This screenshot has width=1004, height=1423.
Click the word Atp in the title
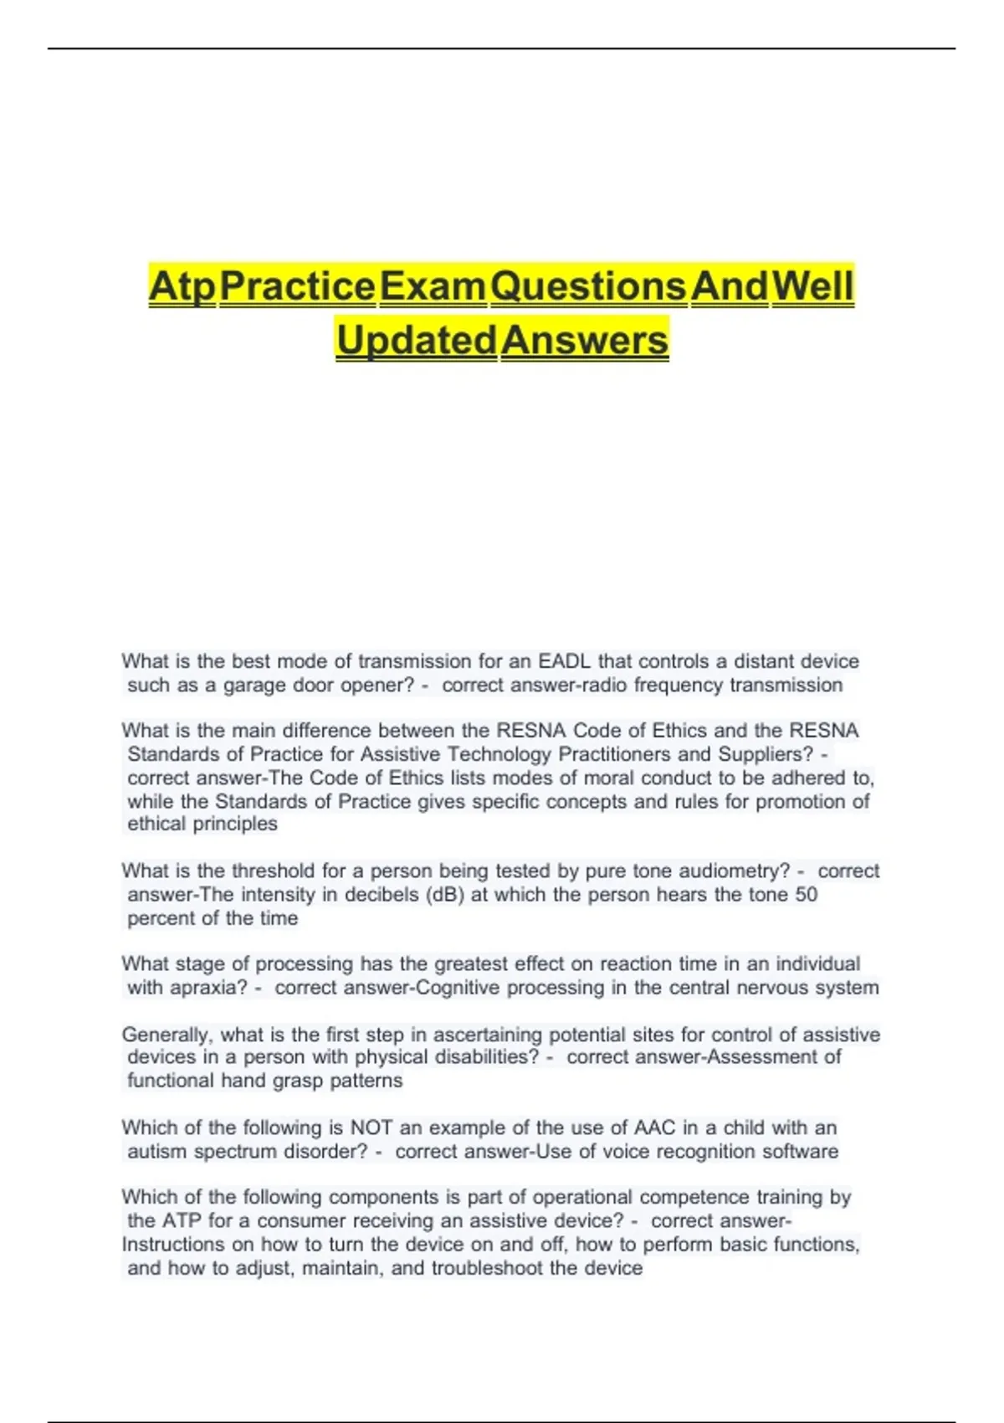[x=182, y=286]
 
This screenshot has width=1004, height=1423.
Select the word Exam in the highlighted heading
[x=432, y=286]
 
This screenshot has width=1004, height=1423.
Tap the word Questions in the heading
[x=588, y=286]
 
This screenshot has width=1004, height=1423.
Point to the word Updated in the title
[x=416, y=340]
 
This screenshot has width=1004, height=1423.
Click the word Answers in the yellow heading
[x=584, y=340]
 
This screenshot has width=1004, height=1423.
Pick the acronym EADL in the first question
[x=564, y=661]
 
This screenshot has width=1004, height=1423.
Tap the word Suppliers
[x=765, y=754]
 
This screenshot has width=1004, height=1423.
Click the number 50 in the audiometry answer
[x=806, y=894]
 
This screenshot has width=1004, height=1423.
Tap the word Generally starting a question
[x=166, y=1035]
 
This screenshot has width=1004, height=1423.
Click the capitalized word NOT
[x=371, y=1128]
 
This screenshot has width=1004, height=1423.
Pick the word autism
[x=157, y=1151]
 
